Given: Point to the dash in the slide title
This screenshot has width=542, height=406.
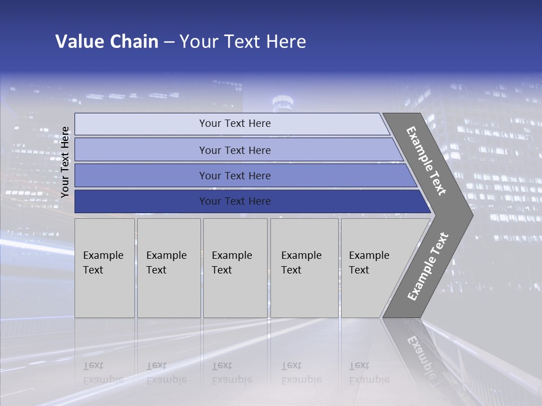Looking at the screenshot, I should coord(169,42).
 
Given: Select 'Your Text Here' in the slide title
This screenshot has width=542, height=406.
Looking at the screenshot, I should coord(243,42).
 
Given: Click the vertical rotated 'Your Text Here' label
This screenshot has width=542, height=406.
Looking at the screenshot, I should coord(65,162).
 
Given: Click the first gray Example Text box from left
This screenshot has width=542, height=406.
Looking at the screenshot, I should coord(104,268).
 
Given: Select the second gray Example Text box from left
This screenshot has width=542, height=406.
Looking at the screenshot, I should coord(169,268).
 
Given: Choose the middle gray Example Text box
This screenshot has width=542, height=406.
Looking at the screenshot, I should coord(235,268).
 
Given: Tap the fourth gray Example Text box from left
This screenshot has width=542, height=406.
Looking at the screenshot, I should coord(304,268).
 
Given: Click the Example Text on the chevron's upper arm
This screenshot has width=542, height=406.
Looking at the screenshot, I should coord(426,161).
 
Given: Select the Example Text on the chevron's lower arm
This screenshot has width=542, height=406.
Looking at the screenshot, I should coord(428,267).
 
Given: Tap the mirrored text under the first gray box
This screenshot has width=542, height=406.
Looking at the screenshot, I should coord(103,373).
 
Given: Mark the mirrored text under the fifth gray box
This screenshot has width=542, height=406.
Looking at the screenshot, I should coord(369,373).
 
